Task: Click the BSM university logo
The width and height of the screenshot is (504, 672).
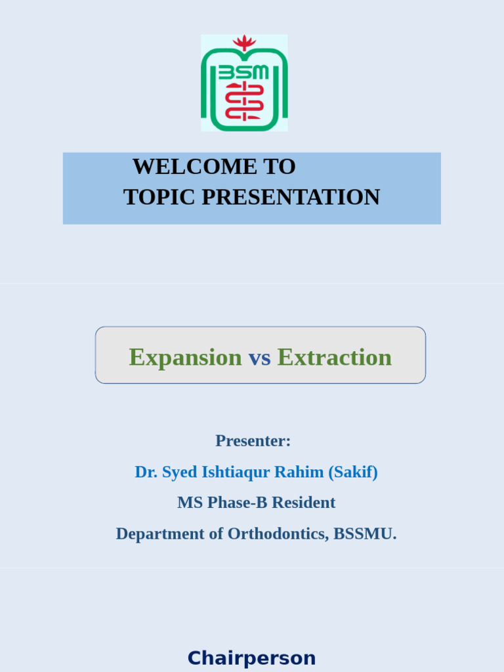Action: tap(244, 84)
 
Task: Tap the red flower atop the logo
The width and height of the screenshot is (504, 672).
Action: tap(244, 43)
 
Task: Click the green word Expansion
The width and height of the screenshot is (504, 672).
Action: tap(185, 357)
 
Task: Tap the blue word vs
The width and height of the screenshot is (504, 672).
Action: tap(259, 358)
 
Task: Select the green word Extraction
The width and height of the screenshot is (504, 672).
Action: tap(334, 357)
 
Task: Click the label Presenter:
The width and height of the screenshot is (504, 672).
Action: tap(253, 440)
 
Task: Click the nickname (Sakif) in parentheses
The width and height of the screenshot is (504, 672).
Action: tap(353, 472)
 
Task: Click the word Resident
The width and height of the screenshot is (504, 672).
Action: tap(303, 503)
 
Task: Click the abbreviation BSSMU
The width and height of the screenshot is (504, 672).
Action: tap(364, 534)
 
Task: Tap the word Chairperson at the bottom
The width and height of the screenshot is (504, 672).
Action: tap(251, 658)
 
